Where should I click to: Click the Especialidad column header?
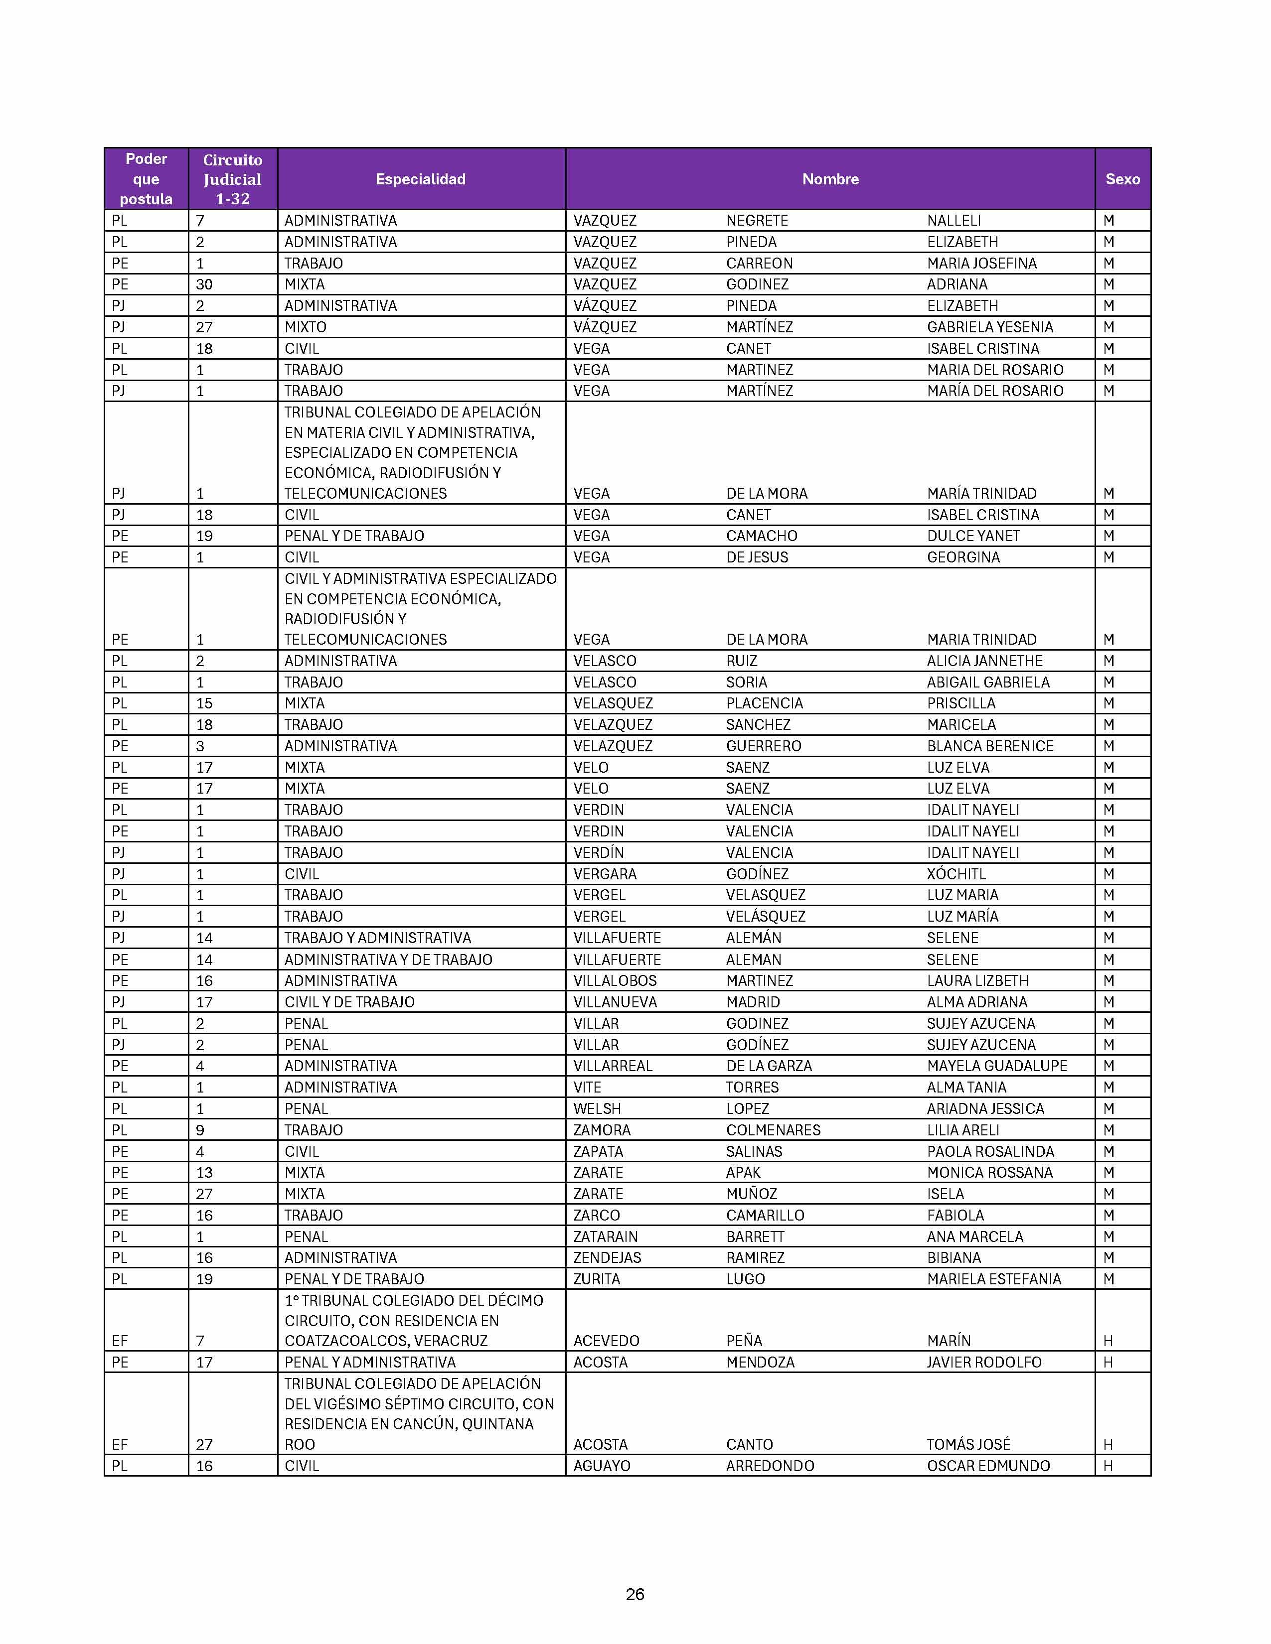[x=420, y=179]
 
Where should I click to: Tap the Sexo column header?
[x=1122, y=179]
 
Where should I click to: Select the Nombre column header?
[x=830, y=179]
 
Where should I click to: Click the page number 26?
[x=635, y=1594]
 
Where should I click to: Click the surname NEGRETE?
[x=757, y=221]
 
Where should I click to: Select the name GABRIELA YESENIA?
[x=989, y=327]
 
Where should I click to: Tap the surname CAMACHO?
[x=761, y=536]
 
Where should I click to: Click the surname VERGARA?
[x=605, y=874]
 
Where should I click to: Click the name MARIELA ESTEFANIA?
[x=993, y=1279]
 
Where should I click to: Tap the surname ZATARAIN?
[x=606, y=1237]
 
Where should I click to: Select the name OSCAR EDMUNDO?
[x=988, y=1466]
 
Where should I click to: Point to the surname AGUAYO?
[x=602, y=1466]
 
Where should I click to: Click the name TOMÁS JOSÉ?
[x=968, y=1444]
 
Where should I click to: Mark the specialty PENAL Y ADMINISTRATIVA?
[x=370, y=1363]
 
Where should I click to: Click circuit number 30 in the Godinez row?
[x=204, y=284]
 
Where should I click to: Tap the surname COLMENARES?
[x=773, y=1130]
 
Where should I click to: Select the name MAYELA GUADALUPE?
[x=997, y=1066]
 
